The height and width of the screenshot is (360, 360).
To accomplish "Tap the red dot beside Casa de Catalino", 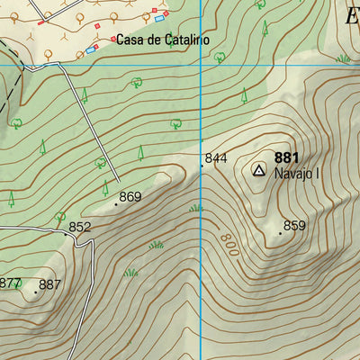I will tap(112, 40).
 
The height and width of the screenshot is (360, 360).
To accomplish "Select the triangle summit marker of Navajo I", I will tap(259, 169).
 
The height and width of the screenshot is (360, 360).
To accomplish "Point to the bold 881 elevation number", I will tap(287, 158).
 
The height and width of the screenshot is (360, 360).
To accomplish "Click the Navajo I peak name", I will tap(297, 174).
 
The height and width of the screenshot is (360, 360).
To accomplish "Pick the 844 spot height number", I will tap(216, 158).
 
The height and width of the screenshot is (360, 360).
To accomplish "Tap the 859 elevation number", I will tap(295, 226).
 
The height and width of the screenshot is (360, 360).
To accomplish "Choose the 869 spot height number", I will tap(131, 197).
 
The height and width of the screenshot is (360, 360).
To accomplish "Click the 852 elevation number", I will tap(80, 228).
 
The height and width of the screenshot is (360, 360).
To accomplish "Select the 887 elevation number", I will tap(50, 285).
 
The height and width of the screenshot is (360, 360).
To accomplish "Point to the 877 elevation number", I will tap(10, 283).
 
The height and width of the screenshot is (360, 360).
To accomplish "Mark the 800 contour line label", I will tap(225, 241).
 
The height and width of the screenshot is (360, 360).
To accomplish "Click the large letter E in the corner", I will tap(352, 16).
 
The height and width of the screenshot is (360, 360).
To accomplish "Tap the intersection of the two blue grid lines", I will tap(199, 66).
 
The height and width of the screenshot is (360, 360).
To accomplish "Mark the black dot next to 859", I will tap(280, 233).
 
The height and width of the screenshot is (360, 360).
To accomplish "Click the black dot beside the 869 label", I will tap(115, 204).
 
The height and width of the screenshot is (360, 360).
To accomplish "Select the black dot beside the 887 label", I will tap(35, 292).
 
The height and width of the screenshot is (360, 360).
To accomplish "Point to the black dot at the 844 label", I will tap(201, 166).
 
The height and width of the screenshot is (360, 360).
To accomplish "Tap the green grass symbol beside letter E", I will tap(343, 58).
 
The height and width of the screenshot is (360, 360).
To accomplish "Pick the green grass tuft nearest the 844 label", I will tap(196, 208).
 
